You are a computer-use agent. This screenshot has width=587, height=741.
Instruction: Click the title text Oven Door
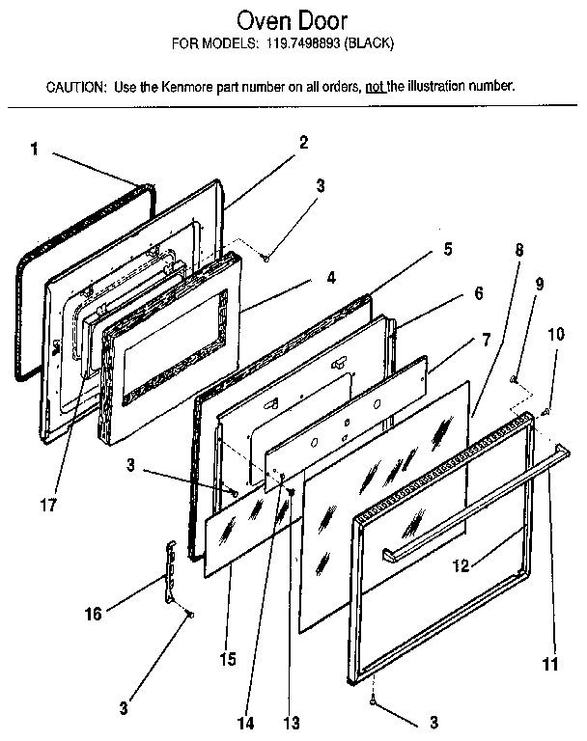tap(292, 21)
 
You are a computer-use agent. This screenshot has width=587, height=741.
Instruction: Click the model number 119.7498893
tap(303, 43)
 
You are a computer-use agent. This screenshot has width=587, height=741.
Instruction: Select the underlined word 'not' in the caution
tap(376, 87)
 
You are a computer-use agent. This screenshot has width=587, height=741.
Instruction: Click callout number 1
tap(34, 150)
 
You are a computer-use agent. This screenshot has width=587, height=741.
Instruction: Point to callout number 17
tap(48, 505)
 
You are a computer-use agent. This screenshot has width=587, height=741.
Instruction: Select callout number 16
tap(94, 614)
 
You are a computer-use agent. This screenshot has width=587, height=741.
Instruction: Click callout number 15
tap(228, 659)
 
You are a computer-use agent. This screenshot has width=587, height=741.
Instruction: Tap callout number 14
tap(245, 723)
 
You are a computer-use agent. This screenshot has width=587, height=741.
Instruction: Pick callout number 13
tap(292, 723)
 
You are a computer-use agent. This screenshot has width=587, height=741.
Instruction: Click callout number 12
tap(461, 565)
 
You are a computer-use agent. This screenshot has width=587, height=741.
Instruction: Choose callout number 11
tap(550, 664)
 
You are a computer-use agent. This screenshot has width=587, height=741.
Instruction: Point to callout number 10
tap(556, 334)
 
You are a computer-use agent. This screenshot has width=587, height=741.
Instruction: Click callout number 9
tap(540, 284)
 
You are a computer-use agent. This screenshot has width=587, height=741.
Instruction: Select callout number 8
tap(519, 250)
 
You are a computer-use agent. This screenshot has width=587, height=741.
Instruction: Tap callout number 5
tap(447, 249)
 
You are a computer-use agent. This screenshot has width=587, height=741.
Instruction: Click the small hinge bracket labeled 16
tap(171, 572)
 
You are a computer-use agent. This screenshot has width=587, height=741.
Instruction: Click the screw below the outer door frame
tap(374, 701)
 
